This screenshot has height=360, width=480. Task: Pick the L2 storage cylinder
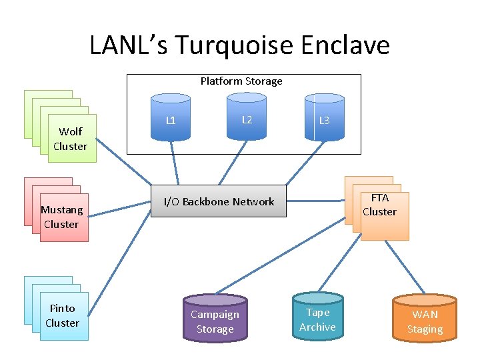click(x=247, y=119)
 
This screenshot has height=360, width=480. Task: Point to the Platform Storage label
click(x=241, y=81)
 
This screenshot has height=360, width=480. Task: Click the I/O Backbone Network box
click(x=219, y=201)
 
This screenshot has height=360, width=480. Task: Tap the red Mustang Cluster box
click(x=62, y=217)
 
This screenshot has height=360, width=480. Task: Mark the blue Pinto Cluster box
click(x=63, y=315)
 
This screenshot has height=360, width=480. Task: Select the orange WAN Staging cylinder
click(x=425, y=319)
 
